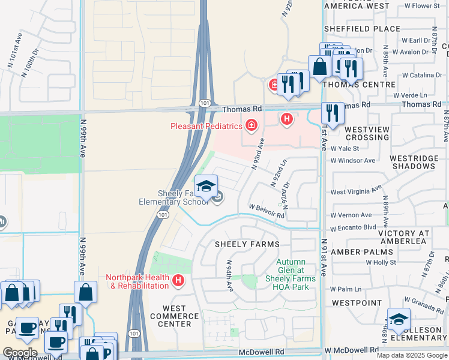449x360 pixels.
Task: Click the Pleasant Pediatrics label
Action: click(x=206, y=126)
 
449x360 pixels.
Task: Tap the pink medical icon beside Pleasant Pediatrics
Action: click(x=252, y=126)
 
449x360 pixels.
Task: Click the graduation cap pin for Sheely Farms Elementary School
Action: click(x=206, y=187)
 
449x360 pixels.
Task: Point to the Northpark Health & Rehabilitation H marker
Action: click(x=178, y=280)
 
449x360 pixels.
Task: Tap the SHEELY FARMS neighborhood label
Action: click(x=247, y=244)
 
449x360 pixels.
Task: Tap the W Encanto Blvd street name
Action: click(x=353, y=227)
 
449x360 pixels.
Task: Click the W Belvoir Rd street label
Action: click(x=267, y=211)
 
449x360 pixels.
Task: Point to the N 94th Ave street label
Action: click(x=229, y=276)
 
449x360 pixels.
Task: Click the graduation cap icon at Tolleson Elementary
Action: click(x=399, y=320)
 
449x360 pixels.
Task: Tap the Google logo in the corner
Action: click(x=20, y=353)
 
